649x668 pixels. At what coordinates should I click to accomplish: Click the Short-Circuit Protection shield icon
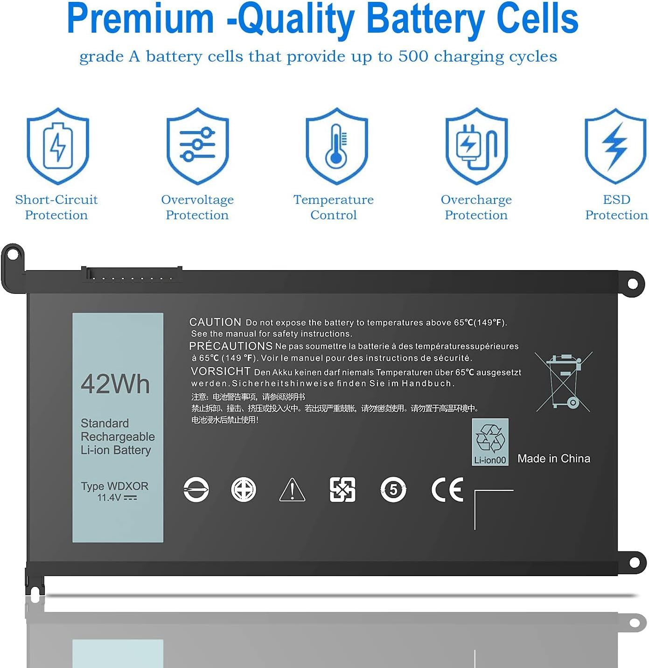[x=58, y=146]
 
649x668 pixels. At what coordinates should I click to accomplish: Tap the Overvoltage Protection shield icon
[x=197, y=146]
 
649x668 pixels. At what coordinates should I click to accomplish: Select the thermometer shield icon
[x=336, y=146]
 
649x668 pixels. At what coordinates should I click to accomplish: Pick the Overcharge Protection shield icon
[x=476, y=146]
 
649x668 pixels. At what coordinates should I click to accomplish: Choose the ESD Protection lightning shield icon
[x=615, y=146]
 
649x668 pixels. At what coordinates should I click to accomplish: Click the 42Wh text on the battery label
[x=115, y=384]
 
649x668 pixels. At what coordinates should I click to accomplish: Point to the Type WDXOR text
[x=115, y=486]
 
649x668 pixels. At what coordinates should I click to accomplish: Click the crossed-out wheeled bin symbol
[x=564, y=382]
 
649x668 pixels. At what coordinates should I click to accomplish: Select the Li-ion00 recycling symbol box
[x=490, y=442]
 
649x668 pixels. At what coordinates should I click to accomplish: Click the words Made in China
[x=553, y=459]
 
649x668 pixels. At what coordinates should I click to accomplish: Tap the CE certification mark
[x=447, y=489]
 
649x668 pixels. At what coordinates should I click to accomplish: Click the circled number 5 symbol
[x=393, y=489]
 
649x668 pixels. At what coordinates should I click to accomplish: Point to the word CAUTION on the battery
[x=215, y=322]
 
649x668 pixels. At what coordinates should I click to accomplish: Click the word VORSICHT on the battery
[x=220, y=371]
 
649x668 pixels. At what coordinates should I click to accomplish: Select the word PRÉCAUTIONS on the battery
[x=231, y=346]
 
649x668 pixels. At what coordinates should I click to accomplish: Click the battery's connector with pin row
[x=132, y=274]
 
